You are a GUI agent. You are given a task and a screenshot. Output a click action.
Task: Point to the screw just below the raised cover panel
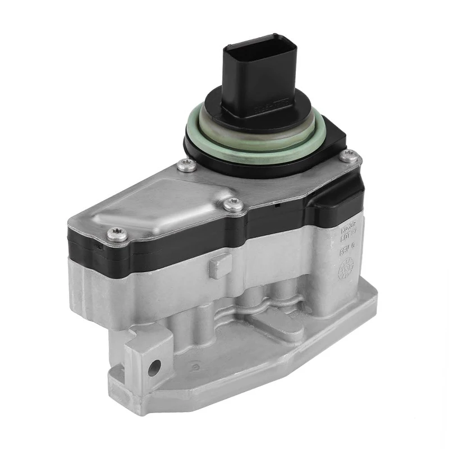(230, 205)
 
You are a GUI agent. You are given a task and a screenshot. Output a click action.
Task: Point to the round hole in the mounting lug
(155, 368)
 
